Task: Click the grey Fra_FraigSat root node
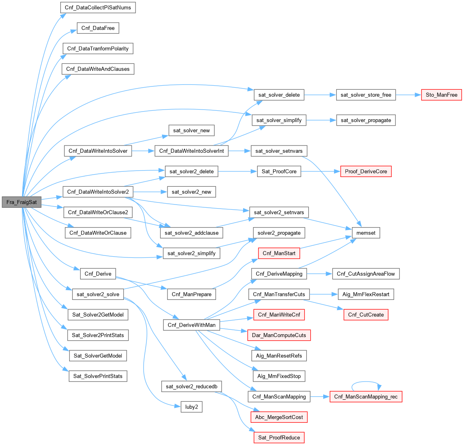coord(22,202)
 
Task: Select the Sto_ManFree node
coord(441,95)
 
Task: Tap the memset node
coord(366,233)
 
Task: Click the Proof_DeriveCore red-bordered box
coord(366,171)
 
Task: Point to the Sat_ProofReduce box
coord(279,437)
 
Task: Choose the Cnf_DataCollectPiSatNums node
coord(97,8)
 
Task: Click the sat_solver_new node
coord(191,130)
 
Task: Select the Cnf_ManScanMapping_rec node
coord(366,396)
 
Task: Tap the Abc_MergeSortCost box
coord(279,417)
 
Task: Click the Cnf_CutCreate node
coord(366,314)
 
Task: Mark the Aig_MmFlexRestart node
coord(366,294)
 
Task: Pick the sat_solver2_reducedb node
coord(191,386)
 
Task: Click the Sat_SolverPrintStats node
coord(97,376)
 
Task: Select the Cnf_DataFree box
coord(97,28)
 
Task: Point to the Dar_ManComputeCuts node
coord(279,335)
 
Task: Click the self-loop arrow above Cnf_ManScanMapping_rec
coord(366,382)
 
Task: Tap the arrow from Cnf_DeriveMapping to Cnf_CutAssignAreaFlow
coord(319,274)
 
